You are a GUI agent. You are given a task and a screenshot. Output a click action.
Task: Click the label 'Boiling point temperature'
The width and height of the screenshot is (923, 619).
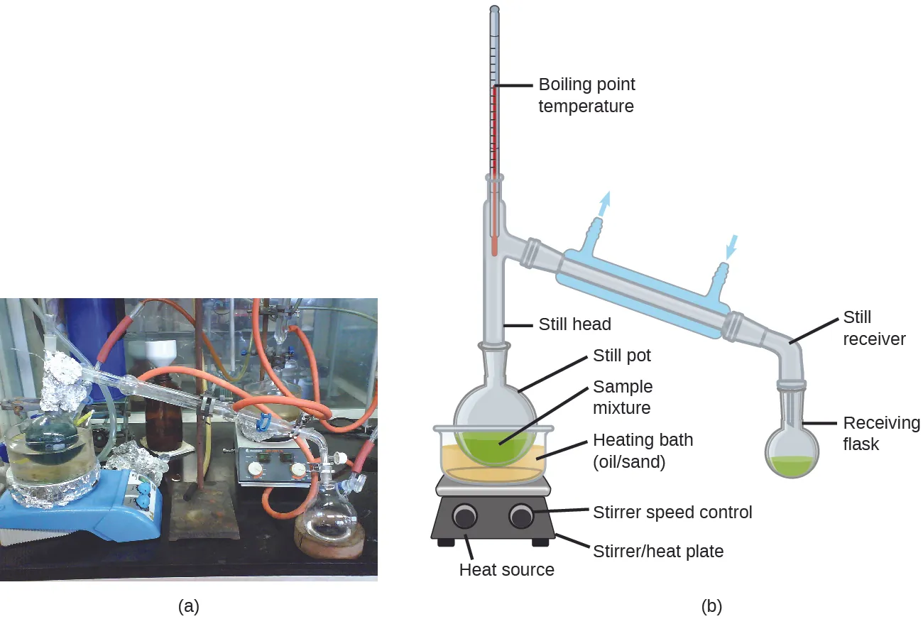[x=586, y=95]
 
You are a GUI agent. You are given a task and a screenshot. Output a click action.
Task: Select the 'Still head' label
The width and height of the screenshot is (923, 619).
[x=574, y=324]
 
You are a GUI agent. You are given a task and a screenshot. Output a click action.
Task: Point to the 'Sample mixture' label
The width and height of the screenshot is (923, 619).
[x=623, y=398]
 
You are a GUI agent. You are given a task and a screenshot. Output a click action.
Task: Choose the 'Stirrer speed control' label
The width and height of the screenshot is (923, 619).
[x=672, y=512]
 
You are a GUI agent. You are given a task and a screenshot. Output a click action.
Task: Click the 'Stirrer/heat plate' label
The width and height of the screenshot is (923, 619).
[x=658, y=551]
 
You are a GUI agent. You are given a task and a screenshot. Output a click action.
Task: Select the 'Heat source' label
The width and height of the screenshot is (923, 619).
[x=506, y=569]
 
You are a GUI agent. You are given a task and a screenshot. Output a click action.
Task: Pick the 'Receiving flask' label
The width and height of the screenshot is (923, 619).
[x=881, y=434]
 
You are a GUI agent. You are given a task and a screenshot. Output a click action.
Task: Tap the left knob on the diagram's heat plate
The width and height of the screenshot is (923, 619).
[x=465, y=516]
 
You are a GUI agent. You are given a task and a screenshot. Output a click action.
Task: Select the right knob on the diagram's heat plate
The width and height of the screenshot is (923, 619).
[x=521, y=516]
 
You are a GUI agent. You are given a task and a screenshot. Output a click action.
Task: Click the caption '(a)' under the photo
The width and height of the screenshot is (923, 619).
[x=188, y=606]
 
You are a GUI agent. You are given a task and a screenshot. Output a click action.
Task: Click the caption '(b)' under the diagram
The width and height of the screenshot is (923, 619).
[x=712, y=606]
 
